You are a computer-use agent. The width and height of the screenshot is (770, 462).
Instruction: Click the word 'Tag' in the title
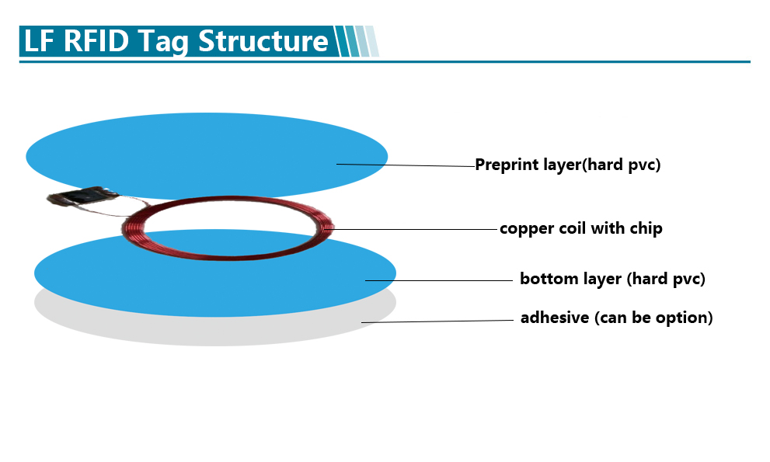click(163, 42)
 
